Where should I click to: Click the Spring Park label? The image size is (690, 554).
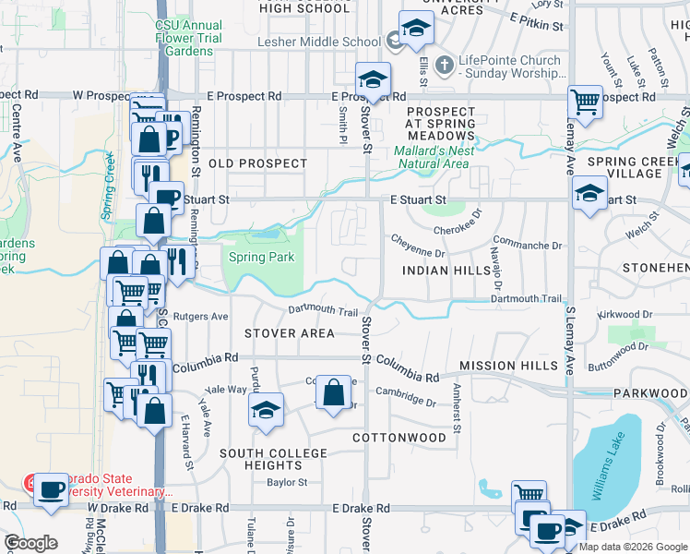tap(261, 258)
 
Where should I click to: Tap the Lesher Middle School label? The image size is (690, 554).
tap(318, 42)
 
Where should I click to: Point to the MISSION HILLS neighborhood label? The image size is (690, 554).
tap(508, 366)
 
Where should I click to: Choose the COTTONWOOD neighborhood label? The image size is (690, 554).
tap(399, 437)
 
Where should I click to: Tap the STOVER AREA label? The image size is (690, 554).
tap(289, 333)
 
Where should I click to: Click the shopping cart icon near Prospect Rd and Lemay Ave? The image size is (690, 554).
tap(585, 101)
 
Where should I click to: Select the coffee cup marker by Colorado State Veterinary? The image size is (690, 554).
tap(51, 488)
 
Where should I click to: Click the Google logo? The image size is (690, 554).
tap(30, 544)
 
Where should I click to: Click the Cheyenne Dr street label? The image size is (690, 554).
tap(419, 252)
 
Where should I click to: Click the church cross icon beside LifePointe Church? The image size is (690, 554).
tap(444, 65)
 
